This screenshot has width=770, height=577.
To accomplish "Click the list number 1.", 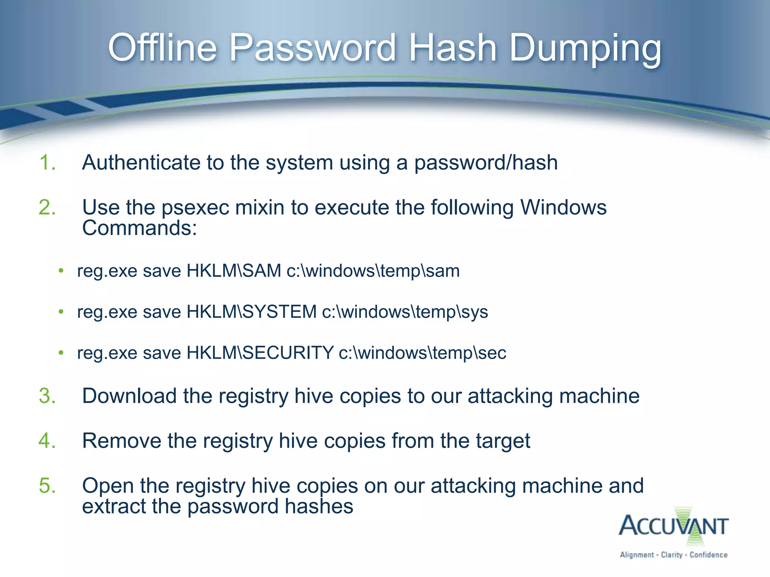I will [47, 163].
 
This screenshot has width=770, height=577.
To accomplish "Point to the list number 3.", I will [47, 396].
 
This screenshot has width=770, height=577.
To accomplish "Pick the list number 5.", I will [47, 485].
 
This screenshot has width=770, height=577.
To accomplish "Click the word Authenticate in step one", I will [141, 163].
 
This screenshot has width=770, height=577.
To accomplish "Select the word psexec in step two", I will [195, 208].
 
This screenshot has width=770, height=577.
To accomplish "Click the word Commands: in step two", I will [139, 228].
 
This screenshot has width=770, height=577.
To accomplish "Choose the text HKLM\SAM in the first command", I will [233, 271].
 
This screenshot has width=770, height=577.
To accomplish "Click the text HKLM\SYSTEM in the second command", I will [252, 312].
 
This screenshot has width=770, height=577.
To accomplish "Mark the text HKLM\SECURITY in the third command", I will [260, 353].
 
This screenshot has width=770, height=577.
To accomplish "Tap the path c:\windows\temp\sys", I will [405, 312].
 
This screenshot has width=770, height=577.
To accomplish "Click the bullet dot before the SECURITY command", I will [61, 353].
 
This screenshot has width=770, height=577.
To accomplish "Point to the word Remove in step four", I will [121, 441].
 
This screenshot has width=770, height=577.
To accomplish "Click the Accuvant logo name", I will [673, 526].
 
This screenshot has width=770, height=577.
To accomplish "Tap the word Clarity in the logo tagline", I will [671, 555].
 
